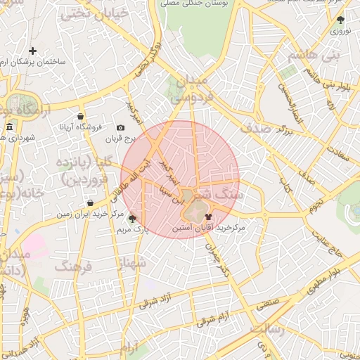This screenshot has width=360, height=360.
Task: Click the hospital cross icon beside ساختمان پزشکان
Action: pyautogui.click(x=33, y=51)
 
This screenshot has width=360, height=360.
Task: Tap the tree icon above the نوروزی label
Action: pyautogui.click(x=340, y=20)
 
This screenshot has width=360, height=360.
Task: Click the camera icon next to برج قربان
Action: pyautogui.click(x=121, y=127)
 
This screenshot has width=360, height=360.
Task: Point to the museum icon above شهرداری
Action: pyautogui.click(x=9, y=127)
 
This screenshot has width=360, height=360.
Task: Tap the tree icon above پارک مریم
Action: pyautogui.click(x=132, y=219)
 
